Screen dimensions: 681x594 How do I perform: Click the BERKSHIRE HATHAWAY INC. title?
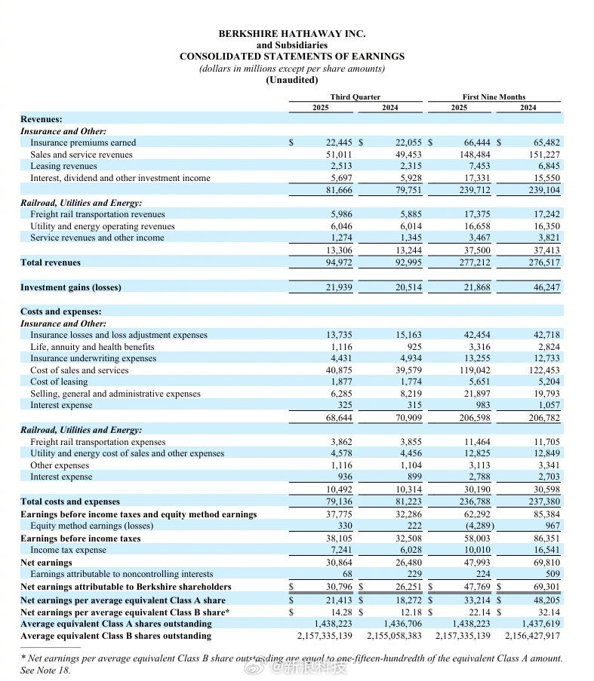click(291, 34)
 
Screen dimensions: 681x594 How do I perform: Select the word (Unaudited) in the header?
click(291, 80)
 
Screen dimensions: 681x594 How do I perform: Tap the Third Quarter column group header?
click(355, 97)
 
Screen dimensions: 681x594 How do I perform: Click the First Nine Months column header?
click(494, 97)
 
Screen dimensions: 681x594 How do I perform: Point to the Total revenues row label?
click(51, 262)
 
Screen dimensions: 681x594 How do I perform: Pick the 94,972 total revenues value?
click(340, 262)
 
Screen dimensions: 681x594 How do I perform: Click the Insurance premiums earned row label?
click(83, 143)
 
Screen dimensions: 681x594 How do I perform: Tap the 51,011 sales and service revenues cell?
click(340, 155)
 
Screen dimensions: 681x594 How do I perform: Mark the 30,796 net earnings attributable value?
click(340, 587)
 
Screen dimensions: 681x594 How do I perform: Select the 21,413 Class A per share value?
click(340, 600)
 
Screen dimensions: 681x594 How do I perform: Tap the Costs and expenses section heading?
click(60, 311)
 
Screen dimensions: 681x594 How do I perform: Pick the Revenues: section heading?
click(42, 119)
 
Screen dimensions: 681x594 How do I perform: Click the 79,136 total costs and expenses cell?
click(340, 502)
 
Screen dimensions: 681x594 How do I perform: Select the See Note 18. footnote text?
click(45, 670)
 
